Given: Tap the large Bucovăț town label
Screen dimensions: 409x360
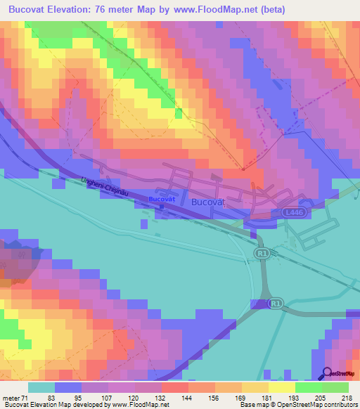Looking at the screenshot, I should click(207, 202).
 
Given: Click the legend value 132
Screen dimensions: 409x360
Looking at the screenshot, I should click(161, 398).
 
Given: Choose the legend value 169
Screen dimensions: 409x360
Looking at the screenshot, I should click(241, 398).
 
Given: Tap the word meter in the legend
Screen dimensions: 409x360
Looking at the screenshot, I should click(11, 398).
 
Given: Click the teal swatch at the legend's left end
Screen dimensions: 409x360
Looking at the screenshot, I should click(41, 387).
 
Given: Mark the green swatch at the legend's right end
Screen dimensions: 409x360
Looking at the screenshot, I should click(335, 387).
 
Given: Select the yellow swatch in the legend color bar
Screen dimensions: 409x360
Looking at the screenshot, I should click(282, 387).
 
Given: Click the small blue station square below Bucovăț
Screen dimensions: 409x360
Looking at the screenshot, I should click(162, 206).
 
